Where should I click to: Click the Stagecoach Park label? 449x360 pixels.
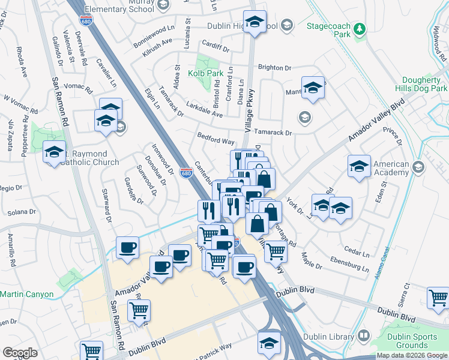[328, 26]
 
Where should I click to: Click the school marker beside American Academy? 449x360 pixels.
[359, 167]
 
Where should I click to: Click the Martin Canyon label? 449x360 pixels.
[27, 294]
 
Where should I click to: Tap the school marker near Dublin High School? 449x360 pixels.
[255, 23]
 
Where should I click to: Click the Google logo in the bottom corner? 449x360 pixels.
[20, 353]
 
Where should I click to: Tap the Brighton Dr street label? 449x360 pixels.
[274, 68]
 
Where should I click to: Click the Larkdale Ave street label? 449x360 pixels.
[206, 110]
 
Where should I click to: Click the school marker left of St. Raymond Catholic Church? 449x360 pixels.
[54, 152]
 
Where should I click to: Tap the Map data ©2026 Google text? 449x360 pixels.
[412, 355]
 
